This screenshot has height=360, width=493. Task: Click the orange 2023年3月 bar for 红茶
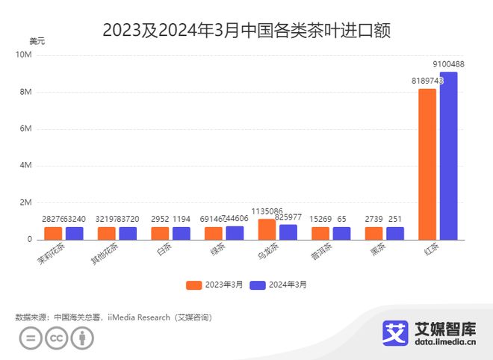pyautogui.click(x=427, y=164)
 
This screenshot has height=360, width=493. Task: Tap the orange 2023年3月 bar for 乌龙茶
pyautogui.click(x=267, y=229)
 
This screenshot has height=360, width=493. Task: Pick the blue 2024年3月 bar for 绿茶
pyautogui.click(x=235, y=232)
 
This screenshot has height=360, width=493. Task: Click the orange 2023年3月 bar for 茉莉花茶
pyautogui.click(x=53, y=233)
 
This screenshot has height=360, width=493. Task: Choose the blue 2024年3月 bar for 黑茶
pyautogui.click(x=395, y=233)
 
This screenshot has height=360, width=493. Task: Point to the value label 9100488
pyautogui.click(x=453, y=65)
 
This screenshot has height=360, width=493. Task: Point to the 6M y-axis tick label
pyautogui.click(x=25, y=129)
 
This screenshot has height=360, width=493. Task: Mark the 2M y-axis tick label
pyautogui.click(x=25, y=202)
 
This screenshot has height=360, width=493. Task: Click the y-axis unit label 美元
pyautogui.click(x=37, y=40)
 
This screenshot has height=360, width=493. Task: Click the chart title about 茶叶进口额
pyautogui.click(x=246, y=31)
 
